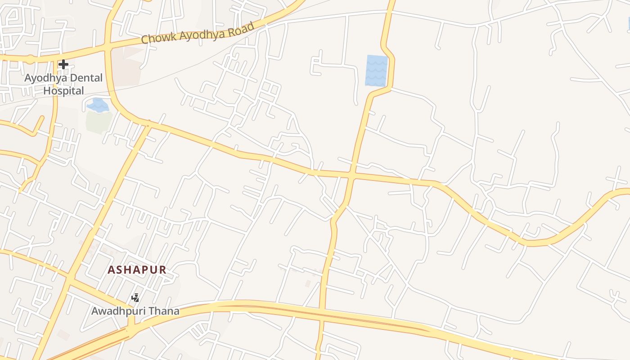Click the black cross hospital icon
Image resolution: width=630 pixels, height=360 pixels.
click(x=63, y=64)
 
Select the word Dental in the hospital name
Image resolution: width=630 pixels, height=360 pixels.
click(x=85, y=78)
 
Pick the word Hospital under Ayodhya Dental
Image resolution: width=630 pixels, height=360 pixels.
click(x=63, y=90)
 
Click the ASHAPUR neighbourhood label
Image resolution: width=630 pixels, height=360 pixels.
click(x=137, y=270)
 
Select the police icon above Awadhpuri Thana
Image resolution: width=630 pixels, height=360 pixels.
click(x=135, y=297)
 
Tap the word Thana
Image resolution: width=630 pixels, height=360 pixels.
click(x=164, y=310)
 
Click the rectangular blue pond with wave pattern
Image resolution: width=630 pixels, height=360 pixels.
click(x=376, y=70)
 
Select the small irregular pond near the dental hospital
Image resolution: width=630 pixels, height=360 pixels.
click(x=98, y=106)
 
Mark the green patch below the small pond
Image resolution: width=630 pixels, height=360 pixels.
click(x=99, y=122)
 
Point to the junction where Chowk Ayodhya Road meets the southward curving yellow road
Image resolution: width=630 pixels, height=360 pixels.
click(x=108, y=46)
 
